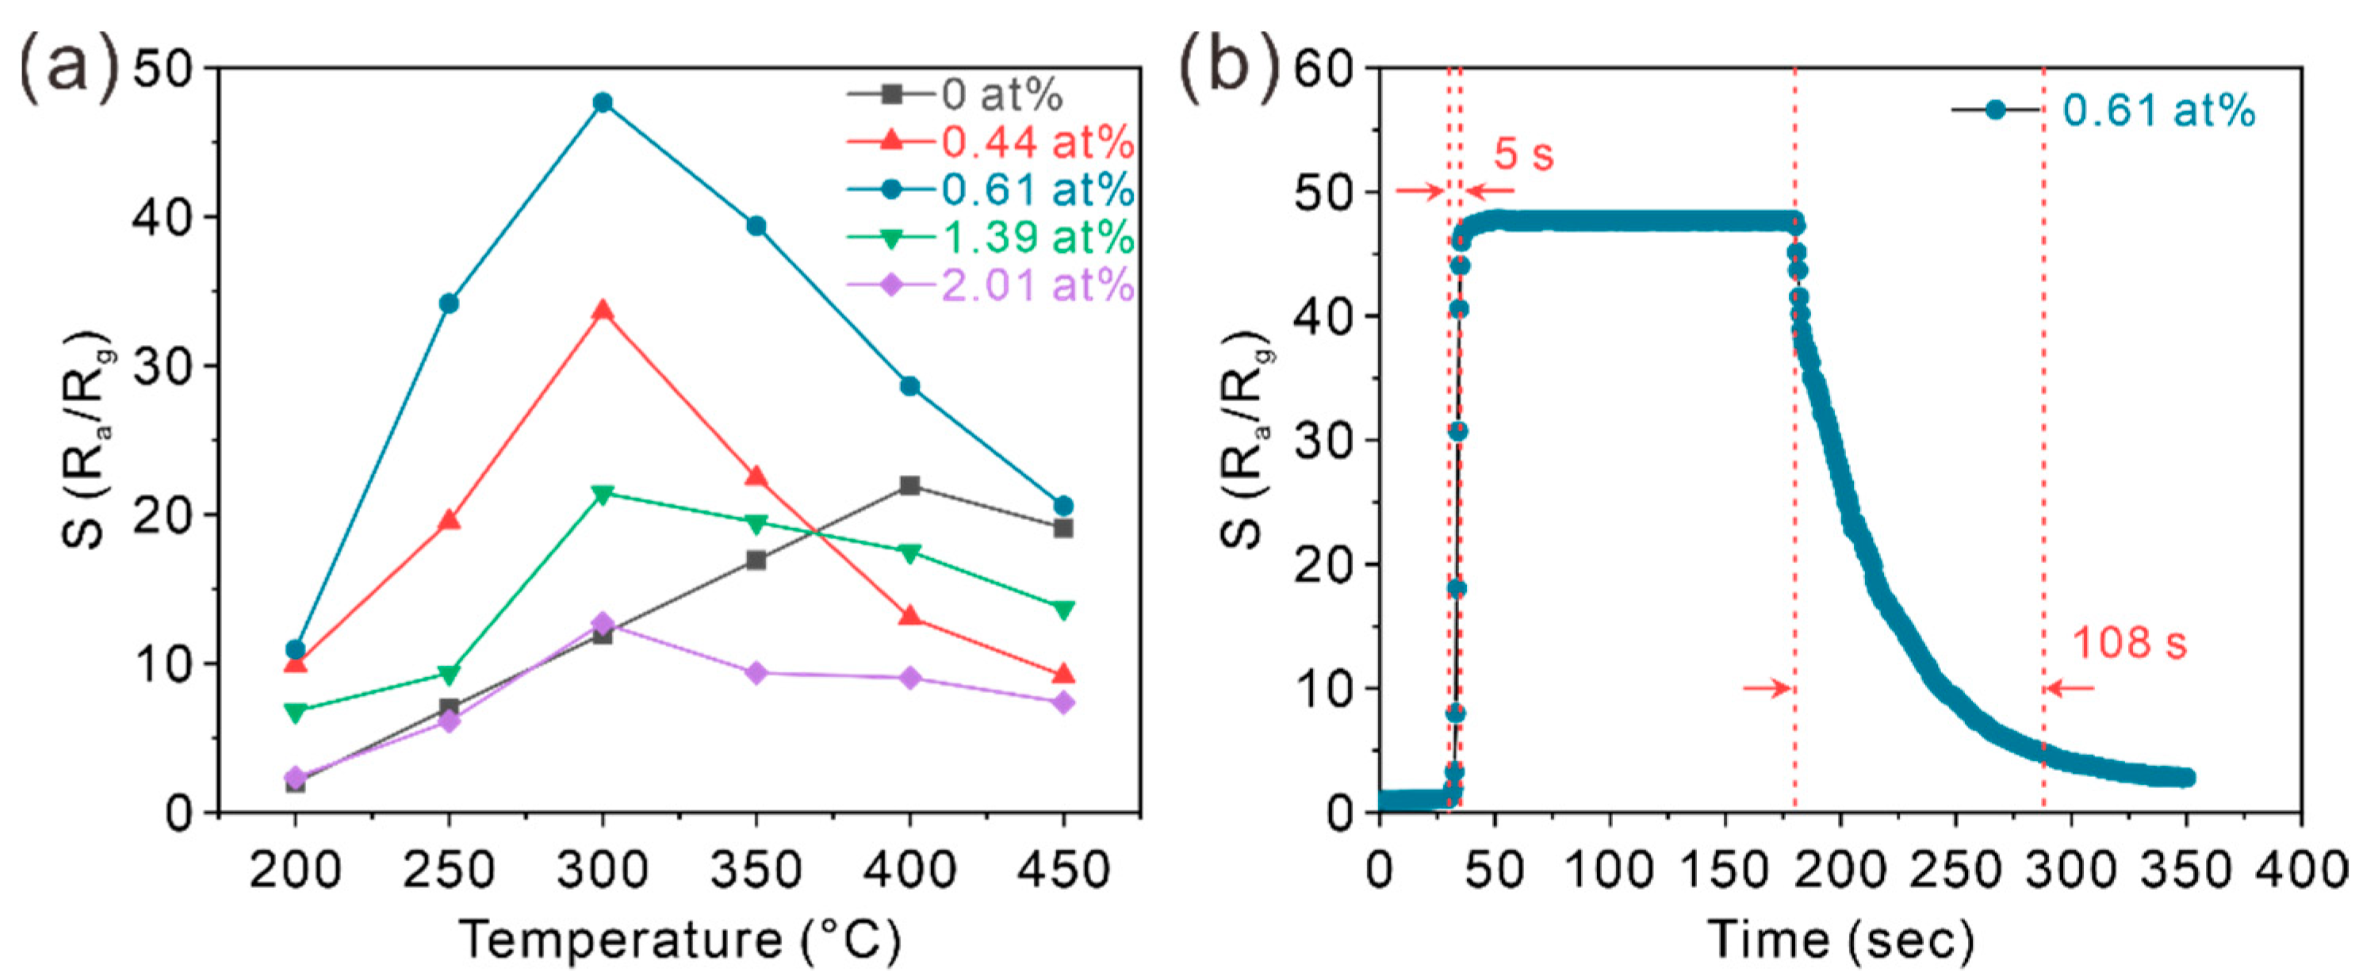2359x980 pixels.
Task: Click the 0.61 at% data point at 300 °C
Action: (603, 101)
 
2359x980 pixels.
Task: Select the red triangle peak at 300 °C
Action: (603, 312)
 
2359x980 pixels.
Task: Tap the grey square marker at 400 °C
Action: (910, 485)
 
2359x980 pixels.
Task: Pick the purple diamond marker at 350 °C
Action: (756, 673)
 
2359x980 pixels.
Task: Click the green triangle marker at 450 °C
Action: (1063, 609)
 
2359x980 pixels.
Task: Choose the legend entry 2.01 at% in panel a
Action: (1036, 285)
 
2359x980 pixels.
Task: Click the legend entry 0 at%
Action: (1001, 94)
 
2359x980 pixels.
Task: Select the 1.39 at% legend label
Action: (1036, 238)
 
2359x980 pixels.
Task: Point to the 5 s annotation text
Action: (1524, 154)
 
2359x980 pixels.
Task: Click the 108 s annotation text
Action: (2129, 642)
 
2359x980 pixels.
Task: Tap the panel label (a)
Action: (69, 66)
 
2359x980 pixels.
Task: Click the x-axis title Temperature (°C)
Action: (680, 940)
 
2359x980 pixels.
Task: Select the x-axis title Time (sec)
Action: (1840, 940)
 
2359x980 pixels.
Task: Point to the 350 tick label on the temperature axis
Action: (756, 867)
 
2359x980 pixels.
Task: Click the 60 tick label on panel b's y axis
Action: (1323, 70)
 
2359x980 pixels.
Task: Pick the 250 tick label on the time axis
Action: (1955, 867)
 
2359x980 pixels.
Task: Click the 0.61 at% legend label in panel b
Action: (2159, 110)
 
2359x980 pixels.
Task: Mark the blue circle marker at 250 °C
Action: (449, 303)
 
